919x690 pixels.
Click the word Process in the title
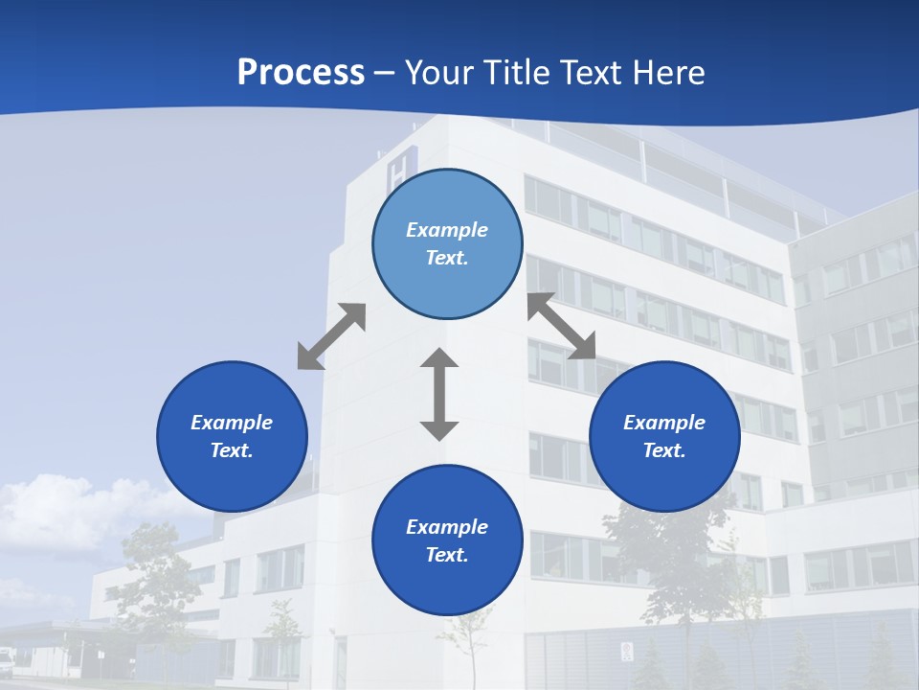(x=301, y=72)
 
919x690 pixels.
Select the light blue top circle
(x=447, y=243)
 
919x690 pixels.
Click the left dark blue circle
(x=232, y=436)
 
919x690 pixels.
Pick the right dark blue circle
(x=664, y=436)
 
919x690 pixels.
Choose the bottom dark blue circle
(x=447, y=540)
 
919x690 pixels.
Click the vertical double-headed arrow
(x=439, y=394)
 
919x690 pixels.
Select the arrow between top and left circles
(x=331, y=336)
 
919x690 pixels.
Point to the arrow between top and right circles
(x=561, y=326)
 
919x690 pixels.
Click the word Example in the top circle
(x=447, y=230)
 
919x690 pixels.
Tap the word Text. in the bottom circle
(x=447, y=555)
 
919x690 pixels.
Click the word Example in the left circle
(x=232, y=423)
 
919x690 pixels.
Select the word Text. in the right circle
(x=664, y=450)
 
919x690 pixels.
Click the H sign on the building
(x=396, y=172)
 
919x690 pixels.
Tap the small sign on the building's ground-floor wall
(x=626, y=652)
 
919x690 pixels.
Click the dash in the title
(x=385, y=73)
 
